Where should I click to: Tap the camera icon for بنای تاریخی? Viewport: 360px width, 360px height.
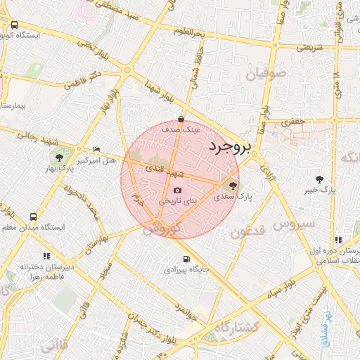177,191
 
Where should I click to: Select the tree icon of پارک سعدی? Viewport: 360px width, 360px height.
233,186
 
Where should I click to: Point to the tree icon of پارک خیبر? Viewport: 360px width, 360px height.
320,180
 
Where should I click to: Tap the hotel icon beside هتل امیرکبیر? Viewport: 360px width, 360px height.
97,150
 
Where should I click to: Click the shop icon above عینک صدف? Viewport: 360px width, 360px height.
182,119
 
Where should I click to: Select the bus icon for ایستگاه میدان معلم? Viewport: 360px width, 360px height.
33,217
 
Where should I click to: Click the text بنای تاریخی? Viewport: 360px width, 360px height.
178,201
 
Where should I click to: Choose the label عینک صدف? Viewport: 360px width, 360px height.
181,130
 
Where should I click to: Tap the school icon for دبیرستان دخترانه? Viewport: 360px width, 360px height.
46,256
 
